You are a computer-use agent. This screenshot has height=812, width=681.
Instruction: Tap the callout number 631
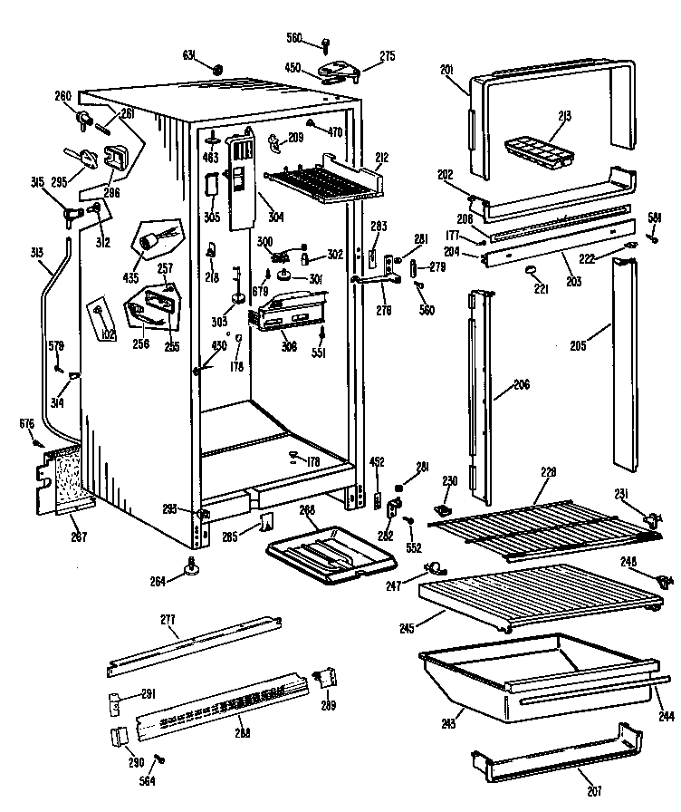click(x=189, y=54)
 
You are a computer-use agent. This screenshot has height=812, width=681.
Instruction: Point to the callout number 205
click(x=580, y=344)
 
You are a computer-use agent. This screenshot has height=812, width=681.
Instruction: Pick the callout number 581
click(x=654, y=216)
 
